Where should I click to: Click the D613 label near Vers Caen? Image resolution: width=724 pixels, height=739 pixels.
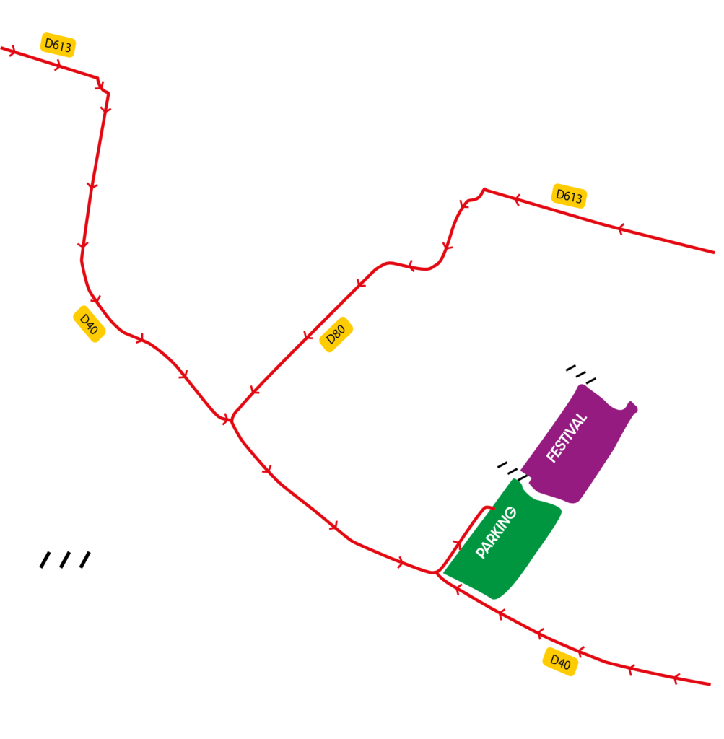click(x=58, y=45)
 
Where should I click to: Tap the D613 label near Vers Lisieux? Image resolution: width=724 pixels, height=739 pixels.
click(x=569, y=196)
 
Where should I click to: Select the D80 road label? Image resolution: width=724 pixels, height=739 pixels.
click(x=336, y=336)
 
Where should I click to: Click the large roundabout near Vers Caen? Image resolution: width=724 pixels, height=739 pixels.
click(x=113, y=79)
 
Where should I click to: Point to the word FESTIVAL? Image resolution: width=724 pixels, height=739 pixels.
click(x=567, y=437)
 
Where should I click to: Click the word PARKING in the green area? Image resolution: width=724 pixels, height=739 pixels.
click(x=497, y=533)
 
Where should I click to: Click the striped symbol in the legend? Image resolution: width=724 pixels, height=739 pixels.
click(x=66, y=560)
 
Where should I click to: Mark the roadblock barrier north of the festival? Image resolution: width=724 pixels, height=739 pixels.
click(x=580, y=372)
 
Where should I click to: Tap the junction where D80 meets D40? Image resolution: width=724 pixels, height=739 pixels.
click(x=230, y=419)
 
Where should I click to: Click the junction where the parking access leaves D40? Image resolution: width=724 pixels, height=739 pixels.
click(x=436, y=573)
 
